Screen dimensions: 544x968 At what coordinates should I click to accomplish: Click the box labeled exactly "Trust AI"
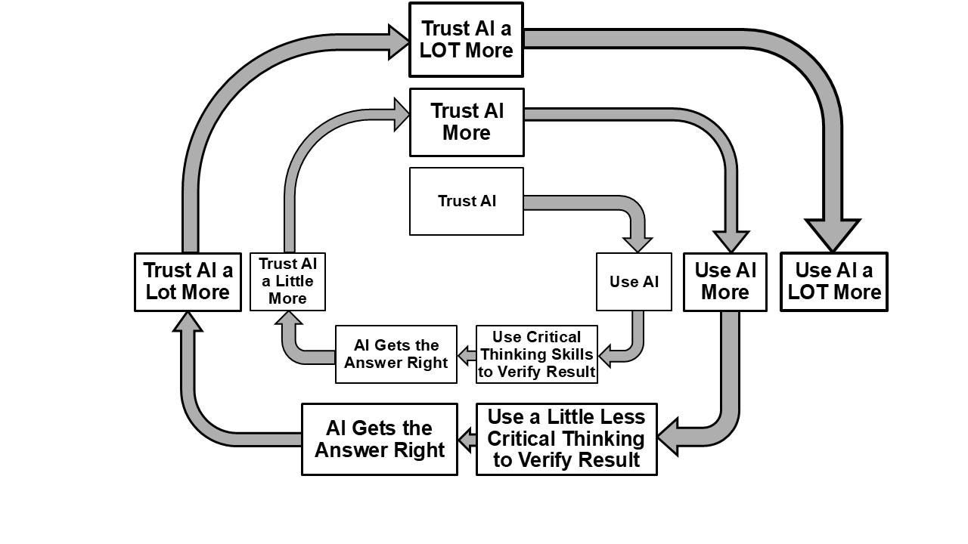click(466, 201)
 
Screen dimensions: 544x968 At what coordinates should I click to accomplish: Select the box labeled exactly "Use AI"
click(634, 282)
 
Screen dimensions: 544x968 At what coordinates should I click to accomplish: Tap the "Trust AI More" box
click(466, 122)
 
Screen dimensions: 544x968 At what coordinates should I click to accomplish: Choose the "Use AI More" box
click(724, 282)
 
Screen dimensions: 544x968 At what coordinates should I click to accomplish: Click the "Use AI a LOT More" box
click(833, 282)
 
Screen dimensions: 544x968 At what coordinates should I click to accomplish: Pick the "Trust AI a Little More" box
click(287, 282)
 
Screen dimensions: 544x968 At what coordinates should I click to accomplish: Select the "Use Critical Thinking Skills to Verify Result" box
click(536, 354)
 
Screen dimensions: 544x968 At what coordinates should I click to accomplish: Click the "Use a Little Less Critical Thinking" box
click(566, 439)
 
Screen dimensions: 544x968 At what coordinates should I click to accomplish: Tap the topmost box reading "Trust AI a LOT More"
click(466, 39)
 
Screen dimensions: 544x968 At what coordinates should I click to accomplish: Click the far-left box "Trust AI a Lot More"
click(188, 282)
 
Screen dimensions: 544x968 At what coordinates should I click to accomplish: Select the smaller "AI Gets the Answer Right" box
click(396, 354)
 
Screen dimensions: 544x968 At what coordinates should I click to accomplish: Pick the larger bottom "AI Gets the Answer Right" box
click(379, 439)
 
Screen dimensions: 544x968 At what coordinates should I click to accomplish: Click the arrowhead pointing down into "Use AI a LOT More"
click(833, 235)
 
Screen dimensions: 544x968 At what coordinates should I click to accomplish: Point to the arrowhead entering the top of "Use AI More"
click(731, 241)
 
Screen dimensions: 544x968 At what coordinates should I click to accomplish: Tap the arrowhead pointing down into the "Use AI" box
click(637, 243)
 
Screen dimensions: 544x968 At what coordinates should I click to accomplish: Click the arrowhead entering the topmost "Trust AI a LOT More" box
click(398, 42)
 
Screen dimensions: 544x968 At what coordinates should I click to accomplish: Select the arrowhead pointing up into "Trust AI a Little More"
click(288, 319)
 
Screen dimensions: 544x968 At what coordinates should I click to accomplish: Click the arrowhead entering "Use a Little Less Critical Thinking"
click(669, 437)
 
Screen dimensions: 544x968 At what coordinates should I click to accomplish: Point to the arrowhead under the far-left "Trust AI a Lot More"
click(188, 322)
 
